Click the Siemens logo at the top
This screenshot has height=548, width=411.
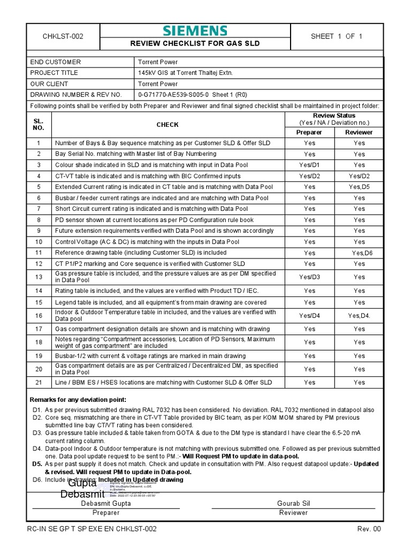195,31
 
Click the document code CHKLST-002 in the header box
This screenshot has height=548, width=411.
63,36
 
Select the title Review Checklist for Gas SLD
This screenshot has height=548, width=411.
195,43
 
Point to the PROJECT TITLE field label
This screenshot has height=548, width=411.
54,73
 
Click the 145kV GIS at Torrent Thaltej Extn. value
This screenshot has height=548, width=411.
186,73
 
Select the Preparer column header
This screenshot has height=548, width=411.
309,132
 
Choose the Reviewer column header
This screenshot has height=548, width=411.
359,132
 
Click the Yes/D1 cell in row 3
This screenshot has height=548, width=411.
309,165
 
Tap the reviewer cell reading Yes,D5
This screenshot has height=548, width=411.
359,187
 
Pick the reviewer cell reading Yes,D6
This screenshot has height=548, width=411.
359,253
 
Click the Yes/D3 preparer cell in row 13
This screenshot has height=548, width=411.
309,277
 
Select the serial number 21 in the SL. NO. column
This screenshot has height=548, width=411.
39,383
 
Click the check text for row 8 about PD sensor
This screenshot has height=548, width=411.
155,220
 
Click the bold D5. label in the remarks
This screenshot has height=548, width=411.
37,464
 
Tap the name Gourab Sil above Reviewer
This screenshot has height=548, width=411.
294,504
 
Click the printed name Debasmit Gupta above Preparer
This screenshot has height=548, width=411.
105,504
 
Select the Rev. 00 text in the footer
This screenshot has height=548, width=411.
369,529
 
